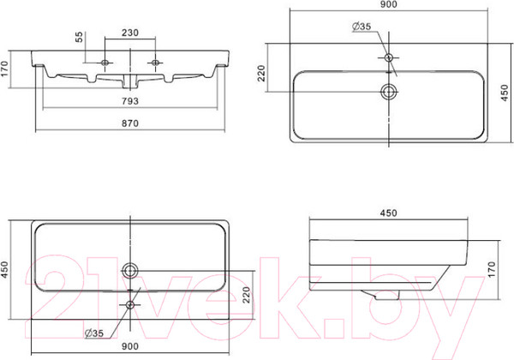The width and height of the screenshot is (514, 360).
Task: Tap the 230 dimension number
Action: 131,33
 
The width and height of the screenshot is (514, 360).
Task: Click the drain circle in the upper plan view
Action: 389,91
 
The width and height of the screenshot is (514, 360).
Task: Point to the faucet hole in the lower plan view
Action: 130,304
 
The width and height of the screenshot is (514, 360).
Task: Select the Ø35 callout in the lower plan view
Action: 95,333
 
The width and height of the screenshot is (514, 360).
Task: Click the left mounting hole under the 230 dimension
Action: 105,63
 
